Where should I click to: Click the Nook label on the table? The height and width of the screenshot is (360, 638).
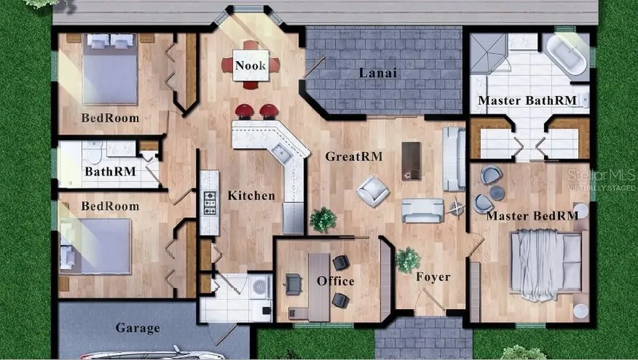(250, 65)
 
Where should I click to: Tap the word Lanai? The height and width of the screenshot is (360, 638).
(378, 73)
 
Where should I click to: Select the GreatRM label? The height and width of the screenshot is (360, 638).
(354, 156)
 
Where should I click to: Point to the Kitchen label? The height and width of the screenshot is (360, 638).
(251, 196)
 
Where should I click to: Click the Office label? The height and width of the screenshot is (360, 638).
(335, 281)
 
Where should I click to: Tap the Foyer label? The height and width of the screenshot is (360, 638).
(434, 277)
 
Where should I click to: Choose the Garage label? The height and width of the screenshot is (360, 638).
(138, 328)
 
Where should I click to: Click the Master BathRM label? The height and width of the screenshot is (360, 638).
(527, 100)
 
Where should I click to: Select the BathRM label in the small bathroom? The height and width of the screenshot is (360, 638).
(110, 172)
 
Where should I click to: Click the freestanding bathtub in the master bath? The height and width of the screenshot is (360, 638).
(566, 55)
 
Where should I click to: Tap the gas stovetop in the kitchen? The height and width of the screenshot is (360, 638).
(209, 202)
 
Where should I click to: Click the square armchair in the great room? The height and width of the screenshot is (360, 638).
(373, 191)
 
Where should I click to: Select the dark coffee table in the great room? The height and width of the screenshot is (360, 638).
(411, 161)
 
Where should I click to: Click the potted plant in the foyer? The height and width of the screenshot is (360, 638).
(407, 260)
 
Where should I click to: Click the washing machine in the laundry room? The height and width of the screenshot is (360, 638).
(260, 287)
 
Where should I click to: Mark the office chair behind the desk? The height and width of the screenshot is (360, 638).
(293, 284)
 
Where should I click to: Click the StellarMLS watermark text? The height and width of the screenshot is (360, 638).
(601, 176)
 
